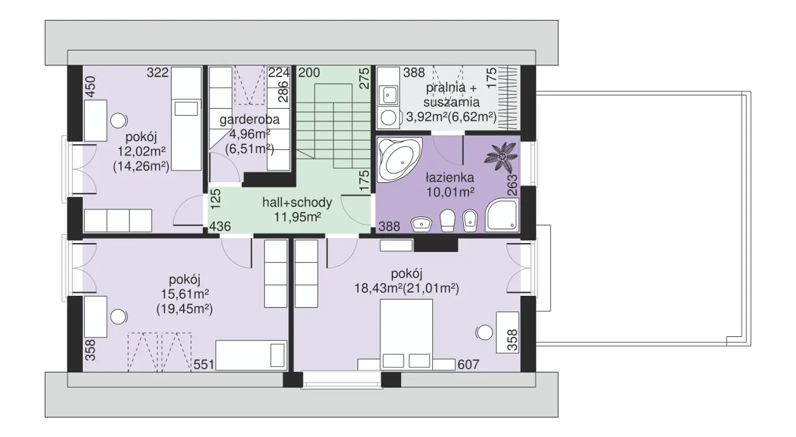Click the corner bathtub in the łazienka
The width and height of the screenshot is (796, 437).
399,160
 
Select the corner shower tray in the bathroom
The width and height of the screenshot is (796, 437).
502,214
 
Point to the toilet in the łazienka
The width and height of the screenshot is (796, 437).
447,220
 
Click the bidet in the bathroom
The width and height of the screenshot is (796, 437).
470,220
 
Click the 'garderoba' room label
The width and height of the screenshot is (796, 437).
249,119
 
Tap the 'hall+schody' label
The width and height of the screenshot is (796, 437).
297,203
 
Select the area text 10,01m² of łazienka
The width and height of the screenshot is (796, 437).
450,192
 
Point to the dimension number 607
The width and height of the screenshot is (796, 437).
468,364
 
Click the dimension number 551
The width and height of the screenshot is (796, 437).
203,364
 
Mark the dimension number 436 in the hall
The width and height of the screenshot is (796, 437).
220,226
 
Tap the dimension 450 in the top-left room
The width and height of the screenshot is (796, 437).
91,86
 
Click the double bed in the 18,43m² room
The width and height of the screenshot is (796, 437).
407,334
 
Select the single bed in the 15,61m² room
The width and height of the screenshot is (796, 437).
251,356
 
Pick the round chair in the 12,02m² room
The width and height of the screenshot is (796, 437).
118,121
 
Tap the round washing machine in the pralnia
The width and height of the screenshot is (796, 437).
388,117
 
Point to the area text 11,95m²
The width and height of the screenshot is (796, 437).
297,217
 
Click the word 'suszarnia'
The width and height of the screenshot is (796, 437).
451,103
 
